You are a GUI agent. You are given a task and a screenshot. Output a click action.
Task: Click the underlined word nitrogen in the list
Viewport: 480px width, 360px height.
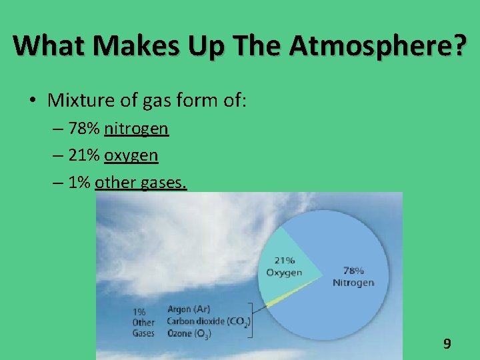pyautogui.click(x=136, y=128)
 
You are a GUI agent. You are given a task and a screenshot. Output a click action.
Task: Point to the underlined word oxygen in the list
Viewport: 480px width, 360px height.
pyautogui.click(x=131, y=155)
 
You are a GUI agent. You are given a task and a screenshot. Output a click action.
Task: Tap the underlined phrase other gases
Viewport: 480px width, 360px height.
pyautogui.click(x=141, y=183)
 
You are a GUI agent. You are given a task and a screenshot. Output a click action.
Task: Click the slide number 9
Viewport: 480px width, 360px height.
pyautogui.click(x=447, y=345)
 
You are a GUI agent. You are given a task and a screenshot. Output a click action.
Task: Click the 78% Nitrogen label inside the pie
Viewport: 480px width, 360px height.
pyautogui.click(x=353, y=277)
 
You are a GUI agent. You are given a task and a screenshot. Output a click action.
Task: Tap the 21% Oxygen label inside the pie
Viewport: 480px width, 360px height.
pyautogui.click(x=284, y=266)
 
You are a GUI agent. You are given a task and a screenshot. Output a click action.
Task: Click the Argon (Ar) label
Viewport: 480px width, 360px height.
pyautogui.click(x=189, y=309)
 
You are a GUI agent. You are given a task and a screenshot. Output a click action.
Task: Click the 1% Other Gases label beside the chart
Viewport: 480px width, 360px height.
pyautogui.click(x=143, y=322)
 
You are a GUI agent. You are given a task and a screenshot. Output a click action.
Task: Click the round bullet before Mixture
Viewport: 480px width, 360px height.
pyautogui.click(x=32, y=101)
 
